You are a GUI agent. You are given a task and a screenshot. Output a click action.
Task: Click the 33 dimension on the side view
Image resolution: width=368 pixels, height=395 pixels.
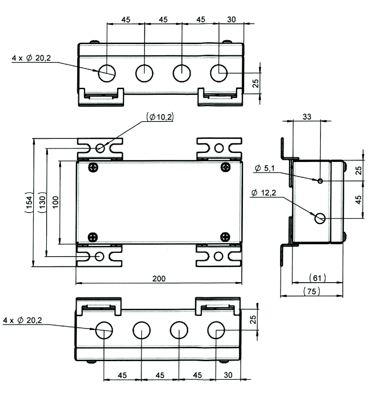pos(307,117)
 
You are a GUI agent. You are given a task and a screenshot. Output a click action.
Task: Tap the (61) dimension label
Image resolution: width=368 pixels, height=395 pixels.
pos(318,278)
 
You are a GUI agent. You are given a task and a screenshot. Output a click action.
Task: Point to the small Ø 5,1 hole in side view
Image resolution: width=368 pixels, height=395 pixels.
pos(320,181)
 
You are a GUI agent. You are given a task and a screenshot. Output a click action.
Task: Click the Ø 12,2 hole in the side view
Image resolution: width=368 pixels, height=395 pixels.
pos(320,218)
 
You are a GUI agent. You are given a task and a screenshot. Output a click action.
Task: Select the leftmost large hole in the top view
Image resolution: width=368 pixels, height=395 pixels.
pos(107,72)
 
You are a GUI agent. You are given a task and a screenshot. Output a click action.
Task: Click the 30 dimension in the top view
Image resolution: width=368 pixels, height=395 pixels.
pos(232,20)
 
